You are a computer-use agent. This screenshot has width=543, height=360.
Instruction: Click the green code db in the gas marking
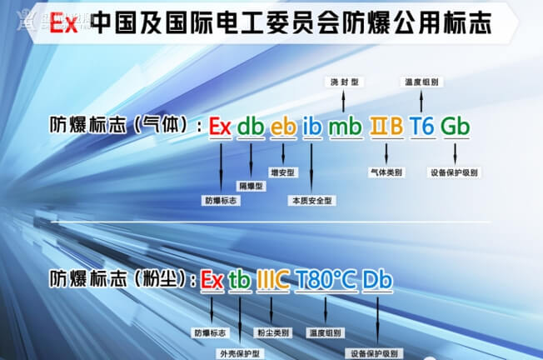tap(250, 127)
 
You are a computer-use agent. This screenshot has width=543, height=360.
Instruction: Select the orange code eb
tap(283, 127)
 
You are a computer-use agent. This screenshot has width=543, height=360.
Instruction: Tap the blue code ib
tap(311, 127)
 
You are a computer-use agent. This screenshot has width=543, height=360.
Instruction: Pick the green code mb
tap(345, 127)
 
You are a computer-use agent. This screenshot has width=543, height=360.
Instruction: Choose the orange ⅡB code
tap(386, 127)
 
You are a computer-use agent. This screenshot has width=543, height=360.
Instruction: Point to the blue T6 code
tap(421, 127)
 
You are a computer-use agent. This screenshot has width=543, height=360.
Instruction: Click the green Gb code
tap(455, 127)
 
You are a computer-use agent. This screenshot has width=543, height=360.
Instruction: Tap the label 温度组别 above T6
tap(421, 82)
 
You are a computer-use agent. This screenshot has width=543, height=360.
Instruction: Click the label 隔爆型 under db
tap(251, 186)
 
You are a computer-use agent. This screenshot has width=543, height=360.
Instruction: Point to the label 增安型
tap(284, 172)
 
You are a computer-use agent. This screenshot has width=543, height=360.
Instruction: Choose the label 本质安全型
tap(311, 201)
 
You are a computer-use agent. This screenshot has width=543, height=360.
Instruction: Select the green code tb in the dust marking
tap(239, 279)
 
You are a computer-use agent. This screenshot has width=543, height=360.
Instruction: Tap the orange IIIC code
tap(272, 279)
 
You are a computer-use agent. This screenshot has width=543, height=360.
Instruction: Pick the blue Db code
tap(377, 279)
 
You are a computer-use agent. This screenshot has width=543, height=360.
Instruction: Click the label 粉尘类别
tap(273, 332)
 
